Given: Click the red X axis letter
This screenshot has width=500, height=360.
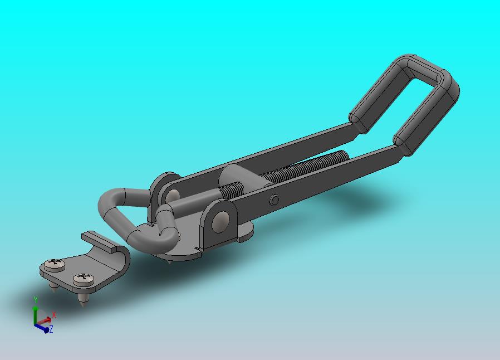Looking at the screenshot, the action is pos(54,315).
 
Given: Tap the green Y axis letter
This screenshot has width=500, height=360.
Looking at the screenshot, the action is pos(36,300).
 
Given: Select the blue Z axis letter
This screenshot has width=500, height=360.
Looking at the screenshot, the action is pos(51,329).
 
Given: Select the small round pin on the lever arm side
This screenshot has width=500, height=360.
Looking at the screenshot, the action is pos(274,200).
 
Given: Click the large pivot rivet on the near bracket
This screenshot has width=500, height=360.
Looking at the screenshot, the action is pos(220,220).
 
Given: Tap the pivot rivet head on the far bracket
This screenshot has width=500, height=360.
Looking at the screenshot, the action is pos(174,194).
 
